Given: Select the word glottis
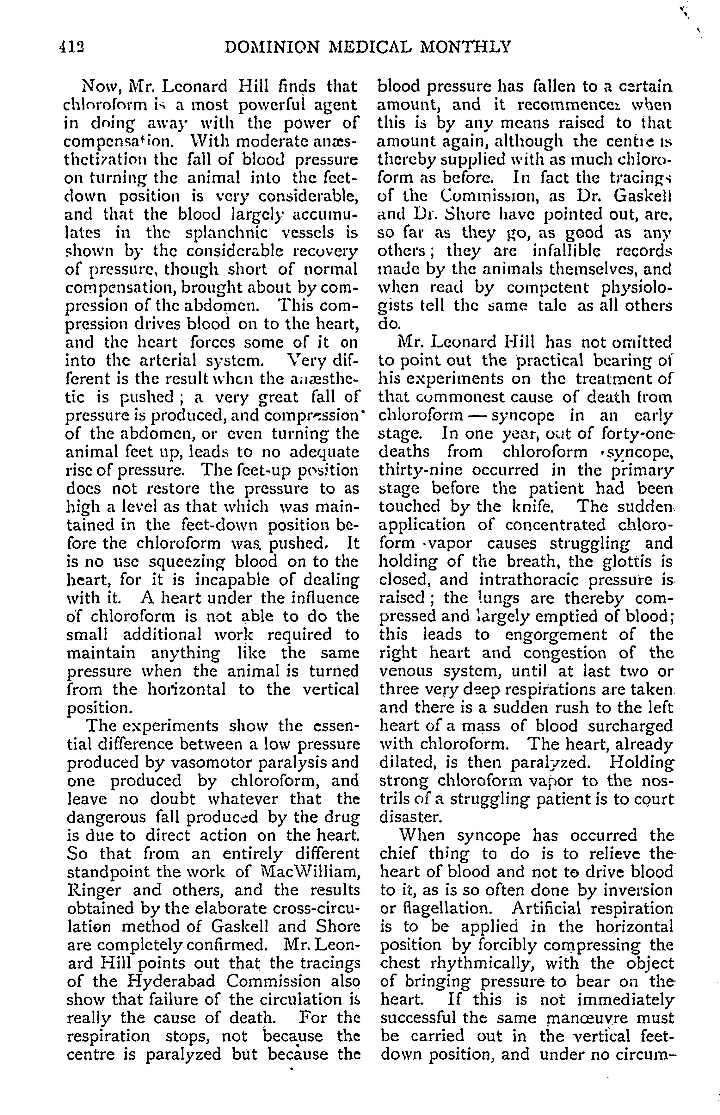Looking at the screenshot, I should click(625, 562).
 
